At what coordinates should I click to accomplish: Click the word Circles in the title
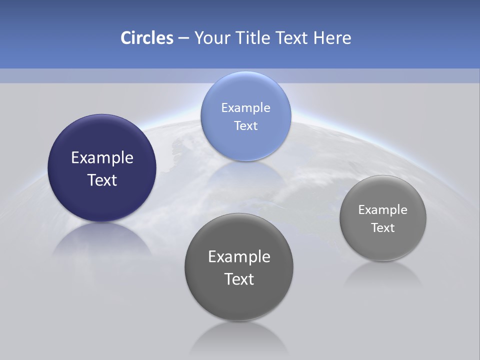[x=146, y=38]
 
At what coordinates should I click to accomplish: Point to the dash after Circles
[x=183, y=38]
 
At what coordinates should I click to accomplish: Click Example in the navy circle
[x=102, y=158]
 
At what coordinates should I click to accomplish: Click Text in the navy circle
[x=102, y=180]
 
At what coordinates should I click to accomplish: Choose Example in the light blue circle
[x=245, y=107]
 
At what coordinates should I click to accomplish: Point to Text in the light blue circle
[x=245, y=125]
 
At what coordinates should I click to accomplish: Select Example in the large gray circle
[x=239, y=257]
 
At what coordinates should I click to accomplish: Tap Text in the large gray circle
[x=239, y=279]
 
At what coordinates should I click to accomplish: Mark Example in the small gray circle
[x=383, y=209]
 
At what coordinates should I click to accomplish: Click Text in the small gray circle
[x=383, y=227]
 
